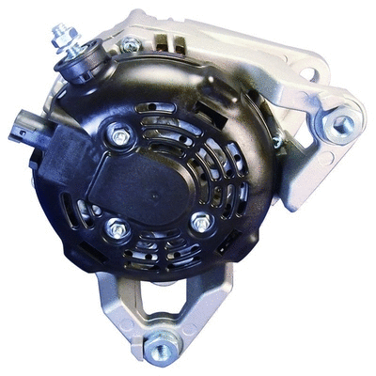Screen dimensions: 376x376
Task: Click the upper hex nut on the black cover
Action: tap(119, 136)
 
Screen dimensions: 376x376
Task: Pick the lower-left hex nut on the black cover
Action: tap(116, 227)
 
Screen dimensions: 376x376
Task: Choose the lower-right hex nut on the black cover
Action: tap(199, 223)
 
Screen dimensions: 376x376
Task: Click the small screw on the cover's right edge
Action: tap(276, 141)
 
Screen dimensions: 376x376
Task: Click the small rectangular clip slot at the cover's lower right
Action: tap(246, 246)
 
